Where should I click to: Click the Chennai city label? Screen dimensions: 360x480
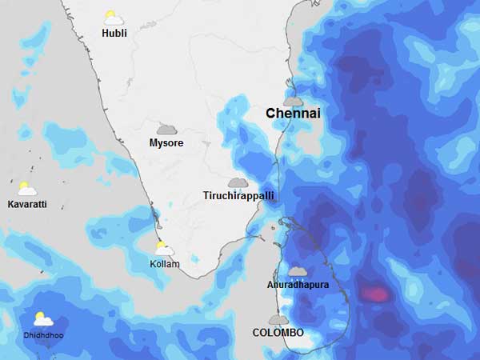click(293, 114)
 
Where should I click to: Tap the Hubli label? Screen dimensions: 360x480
click(114, 33)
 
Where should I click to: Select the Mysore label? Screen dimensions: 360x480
click(166, 143)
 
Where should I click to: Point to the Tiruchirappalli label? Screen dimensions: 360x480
click(238, 196)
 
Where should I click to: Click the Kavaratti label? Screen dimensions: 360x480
click(27, 205)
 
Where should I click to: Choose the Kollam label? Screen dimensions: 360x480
click(165, 264)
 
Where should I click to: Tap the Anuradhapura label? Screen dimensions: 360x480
click(298, 285)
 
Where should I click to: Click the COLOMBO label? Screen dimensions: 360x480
click(278, 332)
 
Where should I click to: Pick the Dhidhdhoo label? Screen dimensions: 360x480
click(43, 334)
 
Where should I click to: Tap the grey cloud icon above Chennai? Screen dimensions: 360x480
click(293, 101)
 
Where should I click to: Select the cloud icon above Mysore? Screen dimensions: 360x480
click(166, 129)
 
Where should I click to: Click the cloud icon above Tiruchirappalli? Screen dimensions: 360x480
click(238, 183)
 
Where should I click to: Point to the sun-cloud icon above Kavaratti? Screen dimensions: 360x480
click(26, 190)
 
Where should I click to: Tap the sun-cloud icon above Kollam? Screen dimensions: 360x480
click(165, 249)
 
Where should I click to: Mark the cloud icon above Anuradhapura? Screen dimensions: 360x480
click(298, 272)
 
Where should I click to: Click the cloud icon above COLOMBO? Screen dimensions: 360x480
click(278, 319)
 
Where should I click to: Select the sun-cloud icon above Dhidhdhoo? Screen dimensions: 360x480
click(42, 319)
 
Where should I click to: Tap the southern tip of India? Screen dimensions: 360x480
click(192, 276)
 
